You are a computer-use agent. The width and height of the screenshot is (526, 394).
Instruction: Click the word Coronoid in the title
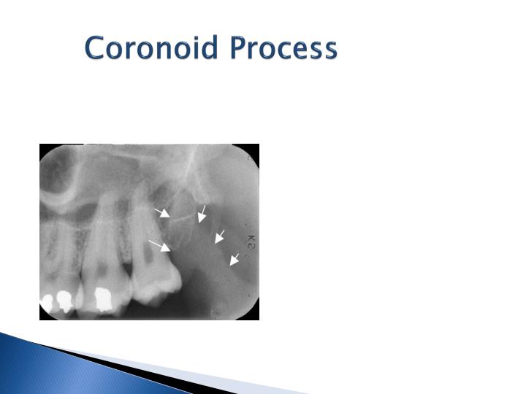coord(152,49)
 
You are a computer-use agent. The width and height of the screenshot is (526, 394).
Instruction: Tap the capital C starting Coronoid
coord(96,49)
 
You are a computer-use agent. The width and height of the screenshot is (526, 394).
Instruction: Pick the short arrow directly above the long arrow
coord(162,213)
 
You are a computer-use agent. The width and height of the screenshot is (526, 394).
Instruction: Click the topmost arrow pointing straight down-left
coord(202,213)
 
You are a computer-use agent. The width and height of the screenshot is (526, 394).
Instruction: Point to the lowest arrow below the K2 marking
coord(235,260)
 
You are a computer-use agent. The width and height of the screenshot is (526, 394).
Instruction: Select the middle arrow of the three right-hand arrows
coord(219,237)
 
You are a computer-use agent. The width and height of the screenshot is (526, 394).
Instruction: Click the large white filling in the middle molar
coord(104,298)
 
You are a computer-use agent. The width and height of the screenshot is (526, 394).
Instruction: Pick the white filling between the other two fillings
coord(65,298)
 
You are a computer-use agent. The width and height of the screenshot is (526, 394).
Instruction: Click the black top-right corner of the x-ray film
coord(254,150)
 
